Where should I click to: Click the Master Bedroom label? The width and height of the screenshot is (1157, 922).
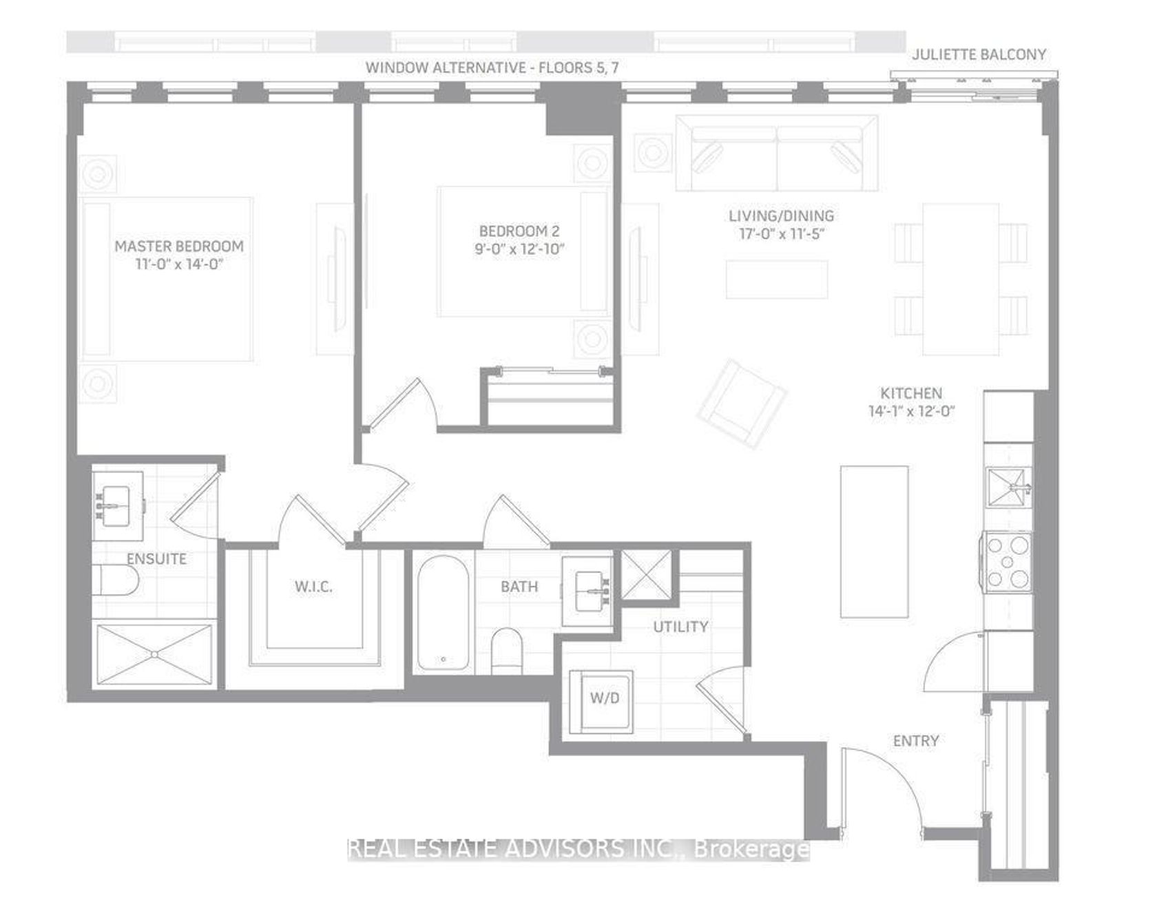tap(179, 246)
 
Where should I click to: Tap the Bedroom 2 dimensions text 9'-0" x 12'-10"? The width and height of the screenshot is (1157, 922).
tap(520, 249)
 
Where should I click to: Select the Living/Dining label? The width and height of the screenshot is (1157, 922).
tap(781, 216)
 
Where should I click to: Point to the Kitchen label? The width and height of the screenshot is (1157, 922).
tap(911, 393)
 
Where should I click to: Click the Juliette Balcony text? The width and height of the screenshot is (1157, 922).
tap(979, 54)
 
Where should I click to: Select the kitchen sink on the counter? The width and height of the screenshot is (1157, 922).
tap(1009, 487)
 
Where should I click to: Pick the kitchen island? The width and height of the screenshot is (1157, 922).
tap(874, 541)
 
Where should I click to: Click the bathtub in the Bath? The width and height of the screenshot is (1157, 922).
tap(443, 613)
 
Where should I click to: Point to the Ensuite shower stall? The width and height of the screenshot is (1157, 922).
tap(154, 654)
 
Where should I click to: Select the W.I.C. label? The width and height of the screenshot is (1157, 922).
tap(313, 587)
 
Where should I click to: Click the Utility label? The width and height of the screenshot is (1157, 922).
tap(680, 627)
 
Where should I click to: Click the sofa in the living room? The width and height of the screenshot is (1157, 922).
tap(777, 153)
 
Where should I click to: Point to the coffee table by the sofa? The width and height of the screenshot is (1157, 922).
tap(777, 280)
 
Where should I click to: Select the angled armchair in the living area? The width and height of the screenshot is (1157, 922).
tap(742, 404)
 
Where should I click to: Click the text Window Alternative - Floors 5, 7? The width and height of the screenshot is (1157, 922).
tap(497, 67)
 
